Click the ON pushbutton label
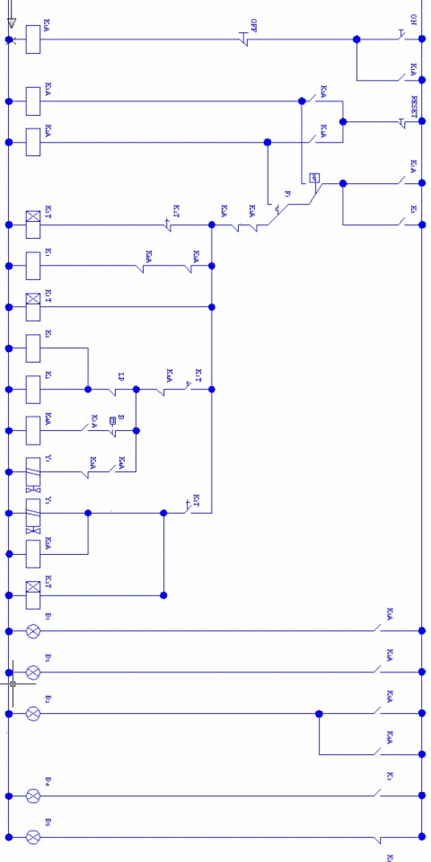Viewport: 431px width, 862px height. (x=413, y=19)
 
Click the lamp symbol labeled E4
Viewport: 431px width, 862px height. (x=33, y=796)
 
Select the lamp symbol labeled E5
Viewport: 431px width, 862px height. (x=33, y=837)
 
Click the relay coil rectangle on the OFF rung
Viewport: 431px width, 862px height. (x=33, y=40)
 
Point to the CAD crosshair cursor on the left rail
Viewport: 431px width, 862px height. (x=13, y=683)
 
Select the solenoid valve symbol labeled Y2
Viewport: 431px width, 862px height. (x=33, y=514)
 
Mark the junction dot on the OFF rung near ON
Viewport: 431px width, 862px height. (x=356, y=40)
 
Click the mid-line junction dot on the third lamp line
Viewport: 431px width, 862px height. (x=319, y=714)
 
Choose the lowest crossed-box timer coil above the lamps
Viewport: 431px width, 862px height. (x=33, y=594)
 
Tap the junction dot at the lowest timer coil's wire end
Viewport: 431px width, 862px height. (x=163, y=594)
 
